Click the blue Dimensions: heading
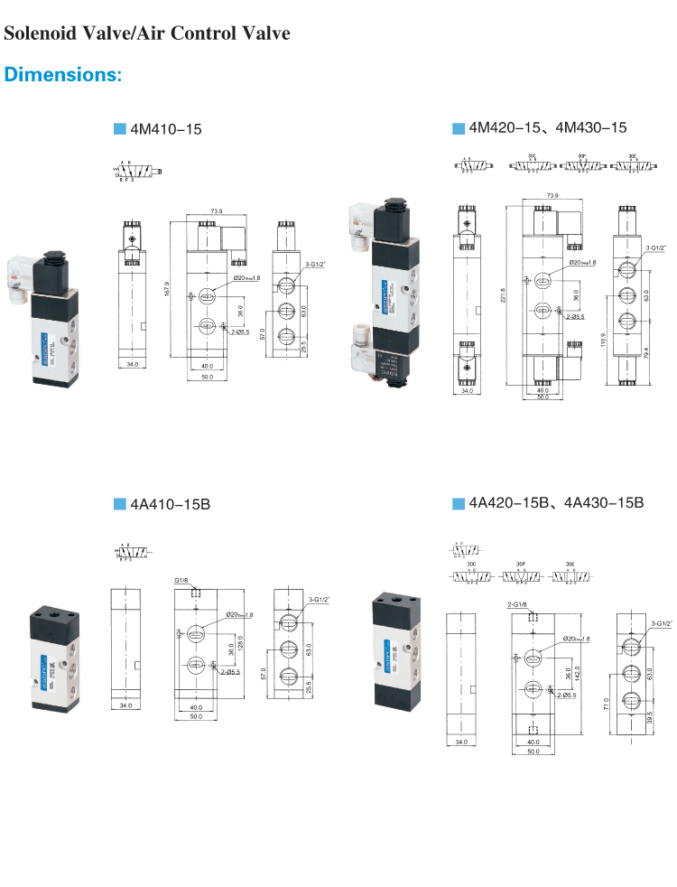[62, 74]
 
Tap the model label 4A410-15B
[170, 504]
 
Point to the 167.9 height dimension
[168, 288]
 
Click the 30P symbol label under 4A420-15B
[521, 564]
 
